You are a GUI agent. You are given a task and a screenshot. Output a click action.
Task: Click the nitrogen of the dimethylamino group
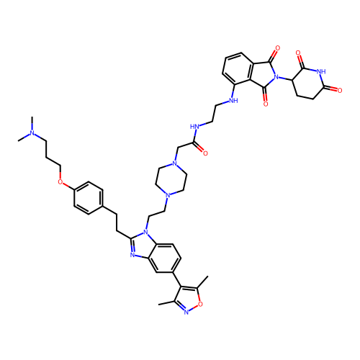coord(32,132)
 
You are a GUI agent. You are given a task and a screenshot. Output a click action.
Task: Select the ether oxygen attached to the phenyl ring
coord(60,182)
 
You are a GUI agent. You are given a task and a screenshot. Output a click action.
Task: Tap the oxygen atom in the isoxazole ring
coord(200,304)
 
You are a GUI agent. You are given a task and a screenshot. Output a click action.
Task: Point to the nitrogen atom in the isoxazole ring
coord(186,312)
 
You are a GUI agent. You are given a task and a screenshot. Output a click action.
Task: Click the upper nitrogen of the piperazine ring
coord(175,164)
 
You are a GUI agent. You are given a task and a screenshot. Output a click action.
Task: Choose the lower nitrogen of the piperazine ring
coord(168,195)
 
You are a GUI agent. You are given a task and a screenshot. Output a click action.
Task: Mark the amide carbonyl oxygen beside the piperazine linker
coord(205,153)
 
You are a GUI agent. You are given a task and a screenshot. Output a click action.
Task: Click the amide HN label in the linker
coord(194,127)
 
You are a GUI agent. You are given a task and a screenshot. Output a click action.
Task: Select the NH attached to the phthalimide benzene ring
coord(233,100)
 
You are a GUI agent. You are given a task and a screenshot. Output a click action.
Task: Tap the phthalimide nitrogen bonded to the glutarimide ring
coord(276,77)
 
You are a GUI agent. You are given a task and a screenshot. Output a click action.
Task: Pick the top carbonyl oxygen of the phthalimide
coord(278,48)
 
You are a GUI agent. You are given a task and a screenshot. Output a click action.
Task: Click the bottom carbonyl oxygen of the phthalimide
coord(266,104)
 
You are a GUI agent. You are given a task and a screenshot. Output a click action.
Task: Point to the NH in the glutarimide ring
coord(321,71)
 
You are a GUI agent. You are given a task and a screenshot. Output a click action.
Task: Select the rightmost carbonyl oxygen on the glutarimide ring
coord(340,91)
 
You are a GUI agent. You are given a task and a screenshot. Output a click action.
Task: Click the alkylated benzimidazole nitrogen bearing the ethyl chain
coord(145,232)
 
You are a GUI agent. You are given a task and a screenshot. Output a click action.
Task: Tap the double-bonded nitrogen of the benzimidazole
coord(132,255)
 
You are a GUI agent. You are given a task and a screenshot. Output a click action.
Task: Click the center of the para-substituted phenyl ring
coord(89,198)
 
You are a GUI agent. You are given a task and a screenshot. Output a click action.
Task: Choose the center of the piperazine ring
coord(171,179)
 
